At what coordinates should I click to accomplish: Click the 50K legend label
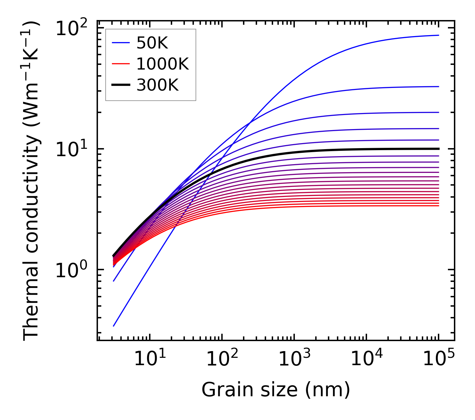(152, 43)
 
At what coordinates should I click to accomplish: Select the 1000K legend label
(162, 64)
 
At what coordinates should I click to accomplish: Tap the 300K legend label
(157, 85)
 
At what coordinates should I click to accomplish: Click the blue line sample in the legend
(120, 43)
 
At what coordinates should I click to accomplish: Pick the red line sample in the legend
(120, 64)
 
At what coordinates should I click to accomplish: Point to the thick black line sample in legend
(120, 85)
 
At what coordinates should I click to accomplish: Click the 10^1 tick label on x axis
(150, 359)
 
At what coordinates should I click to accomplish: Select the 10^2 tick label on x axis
(222, 359)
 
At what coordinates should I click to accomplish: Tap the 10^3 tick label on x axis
(294, 359)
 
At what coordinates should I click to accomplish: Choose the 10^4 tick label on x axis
(366, 359)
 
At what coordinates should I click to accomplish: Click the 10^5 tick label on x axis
(439, 359)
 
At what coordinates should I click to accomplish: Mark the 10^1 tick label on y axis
(71, 149)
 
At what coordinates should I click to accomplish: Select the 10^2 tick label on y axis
(71, 28)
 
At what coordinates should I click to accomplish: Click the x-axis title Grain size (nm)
(276, 390)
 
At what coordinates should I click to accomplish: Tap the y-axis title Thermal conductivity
(31, 181)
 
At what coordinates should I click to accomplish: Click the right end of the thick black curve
(438, 149)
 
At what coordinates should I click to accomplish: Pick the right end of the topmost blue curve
(438, 35)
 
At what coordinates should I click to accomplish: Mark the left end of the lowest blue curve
(114, 326)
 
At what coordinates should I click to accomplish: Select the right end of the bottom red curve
(438, 205)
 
